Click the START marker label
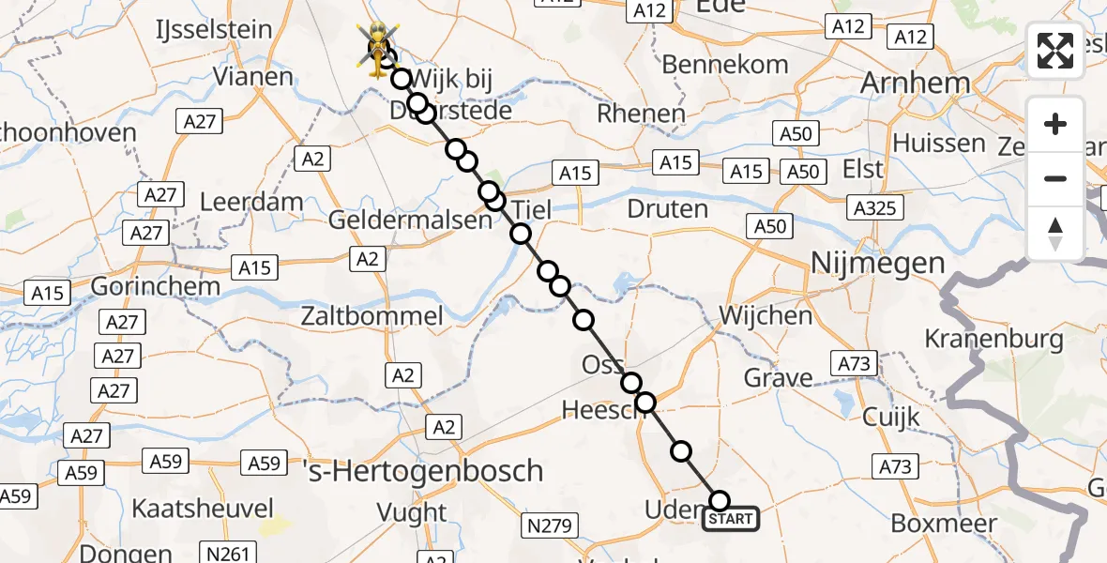731,519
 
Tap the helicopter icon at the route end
378,47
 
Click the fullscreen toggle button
1055,51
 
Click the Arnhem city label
915,84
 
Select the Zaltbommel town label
372,316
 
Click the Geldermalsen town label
410,221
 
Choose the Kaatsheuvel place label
204,510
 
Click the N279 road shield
551,525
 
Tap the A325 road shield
873,208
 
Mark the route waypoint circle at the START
720,501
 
